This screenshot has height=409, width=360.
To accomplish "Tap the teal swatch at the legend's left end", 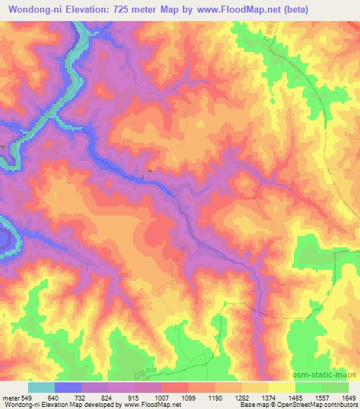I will [41, 387].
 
